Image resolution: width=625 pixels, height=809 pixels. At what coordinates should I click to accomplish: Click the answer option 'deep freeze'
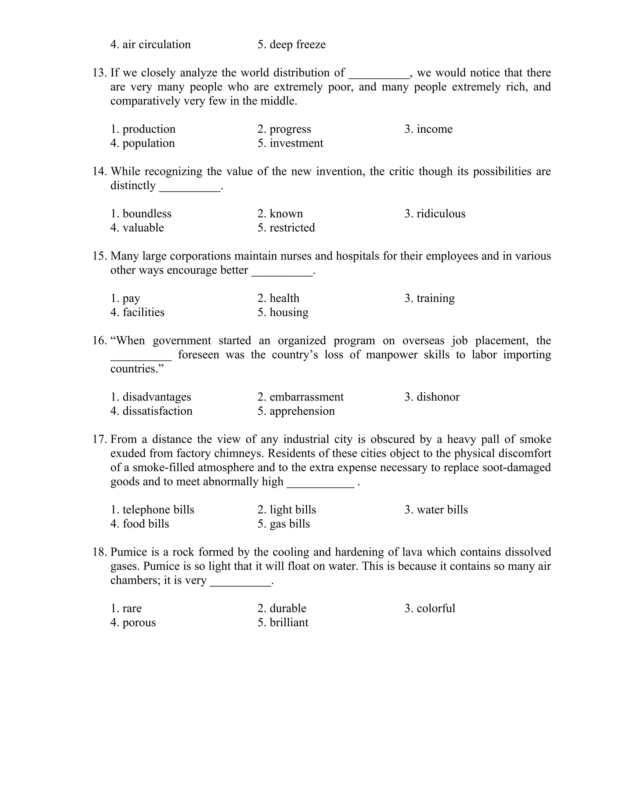click(x=297, y=45)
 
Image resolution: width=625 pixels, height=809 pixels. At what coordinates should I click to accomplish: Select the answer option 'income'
click(x=434, y=129)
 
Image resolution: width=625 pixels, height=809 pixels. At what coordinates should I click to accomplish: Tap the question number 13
click(x=99, y=73)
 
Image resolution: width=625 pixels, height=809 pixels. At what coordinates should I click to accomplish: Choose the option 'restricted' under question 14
click(x=292, y=227)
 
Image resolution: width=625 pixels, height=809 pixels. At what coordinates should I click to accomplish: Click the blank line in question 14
click(x=190, y=190)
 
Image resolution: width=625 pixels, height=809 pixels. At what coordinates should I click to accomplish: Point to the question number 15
click(x=99, y=256)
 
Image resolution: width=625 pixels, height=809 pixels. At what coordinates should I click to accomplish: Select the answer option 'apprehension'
click(x=302, y=411)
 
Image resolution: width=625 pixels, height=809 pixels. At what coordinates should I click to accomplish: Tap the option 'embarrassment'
click(x=306, y=397)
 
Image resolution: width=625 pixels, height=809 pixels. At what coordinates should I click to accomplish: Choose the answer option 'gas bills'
click(x=290, y=524)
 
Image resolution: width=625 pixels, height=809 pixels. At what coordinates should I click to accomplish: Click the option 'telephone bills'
click(x=158, y=510)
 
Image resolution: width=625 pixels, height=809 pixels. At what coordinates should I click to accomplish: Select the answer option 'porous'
click(x=139, y=622)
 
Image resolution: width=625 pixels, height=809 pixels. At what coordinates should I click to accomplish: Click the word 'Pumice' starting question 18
click(x=129, y=552)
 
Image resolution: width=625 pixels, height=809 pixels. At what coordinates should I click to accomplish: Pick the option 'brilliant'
click(x=288, y=622)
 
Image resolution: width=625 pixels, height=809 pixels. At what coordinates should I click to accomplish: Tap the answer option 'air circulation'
click(x=156, y=45)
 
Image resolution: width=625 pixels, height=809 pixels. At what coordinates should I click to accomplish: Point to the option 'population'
click(x=148, y=143)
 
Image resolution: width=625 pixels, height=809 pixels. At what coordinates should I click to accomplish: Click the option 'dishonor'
click(x=438, y=397)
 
